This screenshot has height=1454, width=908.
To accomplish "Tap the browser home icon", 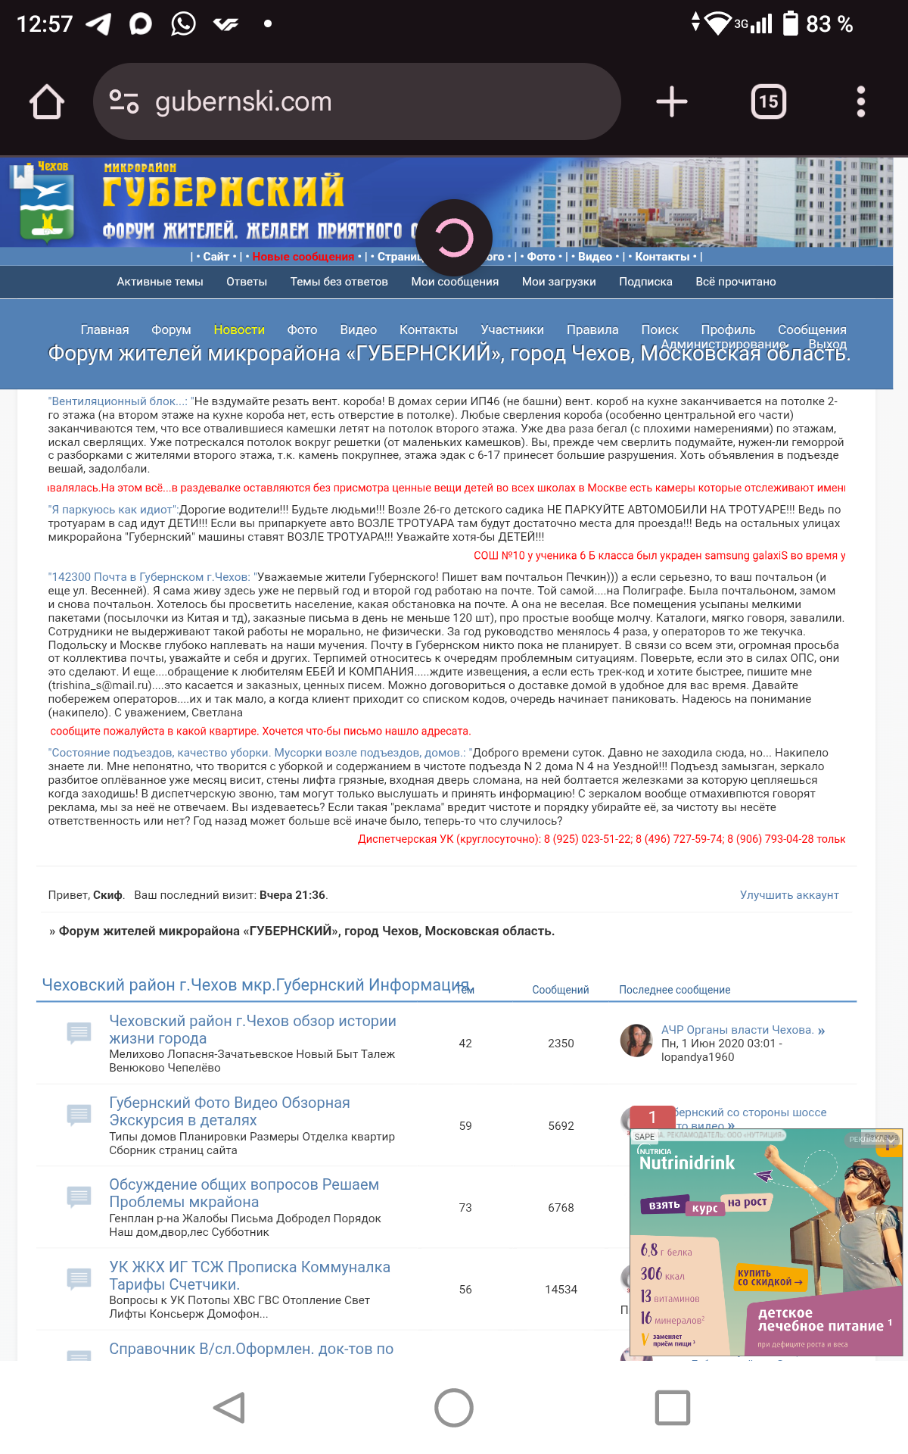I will (47, 101).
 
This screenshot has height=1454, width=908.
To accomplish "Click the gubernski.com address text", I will (243, 101).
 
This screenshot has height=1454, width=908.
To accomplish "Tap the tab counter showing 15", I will (768, 101).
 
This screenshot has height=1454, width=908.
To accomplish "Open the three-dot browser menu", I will (860, 101).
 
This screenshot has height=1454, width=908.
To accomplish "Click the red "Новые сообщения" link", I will (303, 257).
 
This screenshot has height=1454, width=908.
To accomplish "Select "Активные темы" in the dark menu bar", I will (160, 282).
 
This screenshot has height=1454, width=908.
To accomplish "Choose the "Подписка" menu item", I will (645, 282).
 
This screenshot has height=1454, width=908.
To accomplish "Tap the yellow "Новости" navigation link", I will (239, 329).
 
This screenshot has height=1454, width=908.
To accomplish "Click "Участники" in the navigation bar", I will (512, 329).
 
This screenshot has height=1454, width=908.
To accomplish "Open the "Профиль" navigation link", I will (728, 329).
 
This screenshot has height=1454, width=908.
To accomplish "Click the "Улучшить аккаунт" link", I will (789, 895).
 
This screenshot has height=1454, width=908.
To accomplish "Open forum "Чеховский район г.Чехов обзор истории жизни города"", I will (252, 1029).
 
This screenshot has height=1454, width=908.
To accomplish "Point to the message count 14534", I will (561, 1290).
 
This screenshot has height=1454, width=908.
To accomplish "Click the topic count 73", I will (465, 1208).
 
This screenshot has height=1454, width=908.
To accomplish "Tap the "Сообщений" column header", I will (560, 990).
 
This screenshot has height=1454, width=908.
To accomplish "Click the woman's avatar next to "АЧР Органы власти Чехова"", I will (636, 1041).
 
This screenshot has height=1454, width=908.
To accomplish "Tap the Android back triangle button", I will (229, 1408).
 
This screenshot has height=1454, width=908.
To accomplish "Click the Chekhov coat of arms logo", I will (46, 204).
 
